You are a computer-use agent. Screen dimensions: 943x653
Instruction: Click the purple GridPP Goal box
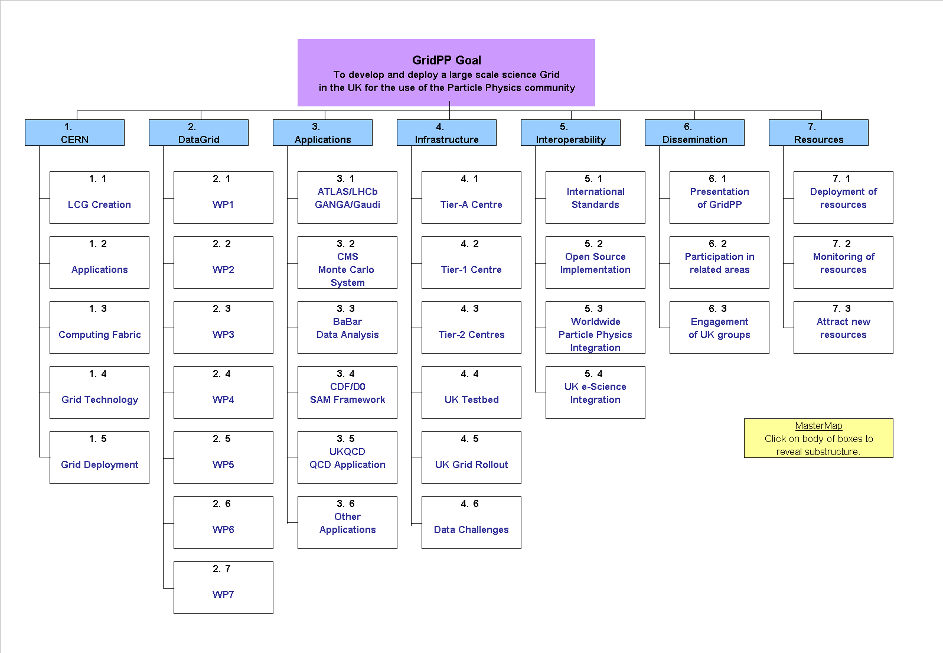click(x=446, y=73)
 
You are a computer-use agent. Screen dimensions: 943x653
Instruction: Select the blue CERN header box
click(x=74, y=133)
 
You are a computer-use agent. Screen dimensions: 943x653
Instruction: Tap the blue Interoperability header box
click(x=570, y=133)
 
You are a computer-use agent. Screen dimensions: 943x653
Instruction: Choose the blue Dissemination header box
click(x=694, y=133)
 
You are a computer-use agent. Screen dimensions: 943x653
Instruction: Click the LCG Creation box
click(x=99, y=197)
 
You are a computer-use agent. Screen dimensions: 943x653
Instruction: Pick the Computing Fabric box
click(x=99, y=328)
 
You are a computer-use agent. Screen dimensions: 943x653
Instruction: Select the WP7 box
click(x=224, y=587)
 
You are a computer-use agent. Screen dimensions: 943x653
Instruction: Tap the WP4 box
click(x=224, y=392)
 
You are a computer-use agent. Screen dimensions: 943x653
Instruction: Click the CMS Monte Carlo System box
click(x=347, y=263)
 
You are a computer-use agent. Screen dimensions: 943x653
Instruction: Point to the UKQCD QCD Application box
click(x=347, y=457)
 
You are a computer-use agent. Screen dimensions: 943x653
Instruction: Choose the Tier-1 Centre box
click(x=471, y=263)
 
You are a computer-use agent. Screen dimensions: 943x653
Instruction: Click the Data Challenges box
click(x=471, y=523)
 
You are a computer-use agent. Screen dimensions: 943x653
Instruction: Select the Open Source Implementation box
click(x=595, y=263)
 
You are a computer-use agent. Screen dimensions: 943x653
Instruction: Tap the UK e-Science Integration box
click(x=595, y=392)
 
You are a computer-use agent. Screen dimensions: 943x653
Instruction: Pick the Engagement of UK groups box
click(x=719, y=328)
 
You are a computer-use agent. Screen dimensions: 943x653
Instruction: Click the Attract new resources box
click(x=843, y=328)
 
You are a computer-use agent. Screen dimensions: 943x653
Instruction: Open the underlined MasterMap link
click(x=818, y=426)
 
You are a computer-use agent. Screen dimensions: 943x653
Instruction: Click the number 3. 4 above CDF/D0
click(x=345, y=373)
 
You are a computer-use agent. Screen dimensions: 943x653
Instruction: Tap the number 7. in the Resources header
click(x=812, y=127)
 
